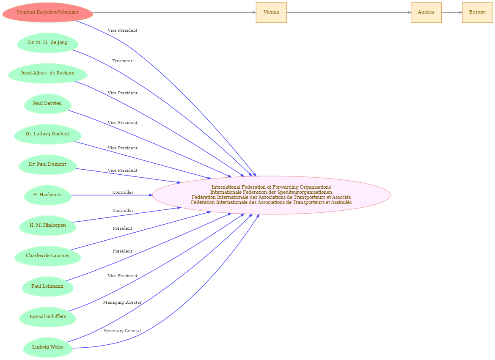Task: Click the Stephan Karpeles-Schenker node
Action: tap(48, 12)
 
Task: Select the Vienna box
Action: tap(271, 12)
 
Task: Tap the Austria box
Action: tap(426, 12)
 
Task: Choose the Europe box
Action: tap(477, 12)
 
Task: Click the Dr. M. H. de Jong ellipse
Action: tap(48, 43)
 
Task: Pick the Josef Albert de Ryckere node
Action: tap(48, 73)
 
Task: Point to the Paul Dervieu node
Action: tap(48, 104)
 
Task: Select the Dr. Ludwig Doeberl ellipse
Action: tap(48, 134)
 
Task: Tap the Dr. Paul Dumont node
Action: tap(48, 165)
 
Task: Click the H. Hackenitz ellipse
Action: tap(48, 195)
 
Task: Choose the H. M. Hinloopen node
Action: tap(48, 225)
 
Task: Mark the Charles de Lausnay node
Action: tap(48, 256)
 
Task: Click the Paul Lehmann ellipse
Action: tap(48, 286)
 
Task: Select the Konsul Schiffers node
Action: tap(48, 317)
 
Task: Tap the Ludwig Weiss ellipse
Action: tap(48, 347)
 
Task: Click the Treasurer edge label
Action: tap(123, 61)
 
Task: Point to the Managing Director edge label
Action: tap(123, 302)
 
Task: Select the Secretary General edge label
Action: tap(123, 331)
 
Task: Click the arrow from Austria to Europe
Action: tap(452, 12)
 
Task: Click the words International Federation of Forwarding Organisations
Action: tap(271, 187)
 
